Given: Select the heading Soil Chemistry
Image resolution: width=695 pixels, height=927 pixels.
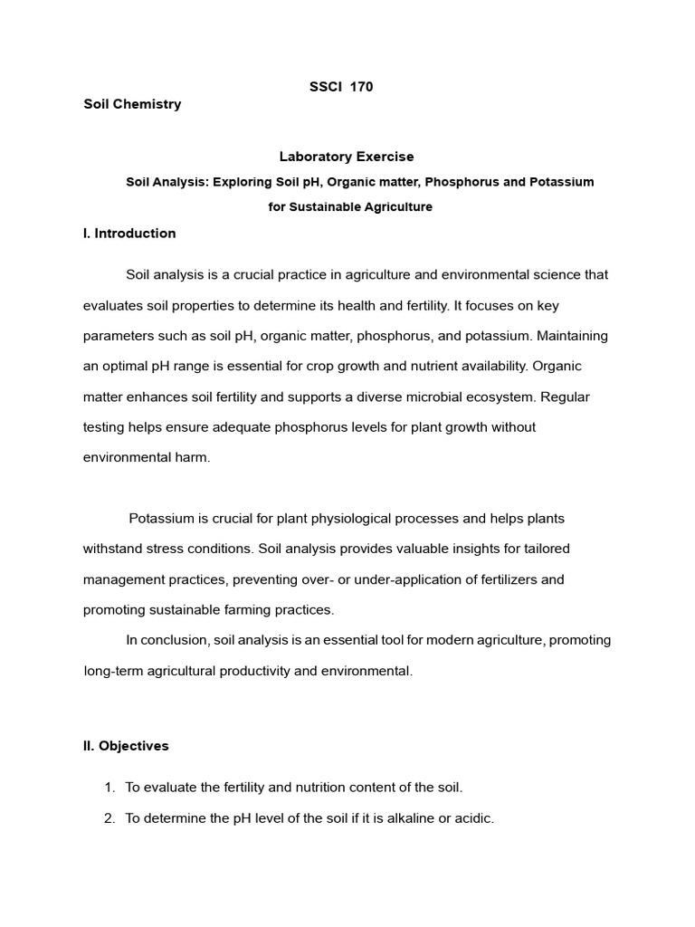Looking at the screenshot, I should coord(132,104).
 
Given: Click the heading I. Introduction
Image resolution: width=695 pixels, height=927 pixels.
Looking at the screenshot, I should coord(129,234).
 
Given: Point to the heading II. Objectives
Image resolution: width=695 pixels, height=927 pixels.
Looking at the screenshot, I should coord(126,747).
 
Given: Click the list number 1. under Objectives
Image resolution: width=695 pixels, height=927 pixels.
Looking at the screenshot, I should coord(109,788).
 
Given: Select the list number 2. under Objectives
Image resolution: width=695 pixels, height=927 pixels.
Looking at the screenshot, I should coord(109,818).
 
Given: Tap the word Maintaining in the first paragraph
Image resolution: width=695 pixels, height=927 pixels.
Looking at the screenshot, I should coord(573,336).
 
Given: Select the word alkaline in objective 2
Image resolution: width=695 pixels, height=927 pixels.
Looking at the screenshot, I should coord(388,818).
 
